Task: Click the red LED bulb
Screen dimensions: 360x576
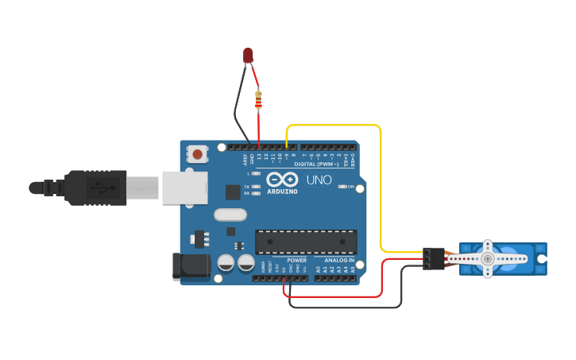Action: tap(248, 55)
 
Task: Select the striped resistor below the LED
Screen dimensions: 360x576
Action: tap(258, 100)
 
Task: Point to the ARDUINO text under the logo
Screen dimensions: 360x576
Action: tap(282, 192)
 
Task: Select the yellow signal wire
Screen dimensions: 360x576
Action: tap(381, 191)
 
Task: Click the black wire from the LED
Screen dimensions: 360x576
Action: tap(237, 111)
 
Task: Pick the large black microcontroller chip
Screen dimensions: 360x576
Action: tap(306, 242)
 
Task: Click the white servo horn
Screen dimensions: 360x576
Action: tap(487, 258)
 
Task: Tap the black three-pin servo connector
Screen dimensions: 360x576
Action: tap(433, 258)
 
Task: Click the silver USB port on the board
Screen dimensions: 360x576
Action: tap(184, 188)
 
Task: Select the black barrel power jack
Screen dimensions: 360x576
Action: tap(191, 266)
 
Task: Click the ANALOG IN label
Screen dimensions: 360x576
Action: tap(339, 260)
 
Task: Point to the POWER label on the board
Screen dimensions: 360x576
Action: tap(297, 260)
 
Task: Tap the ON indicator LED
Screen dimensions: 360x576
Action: tap(342, 186)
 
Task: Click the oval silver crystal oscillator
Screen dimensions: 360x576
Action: tap(230, 214)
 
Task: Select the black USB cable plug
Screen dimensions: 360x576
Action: tap(95, 188)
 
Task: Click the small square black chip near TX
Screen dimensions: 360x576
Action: tap(233, 192)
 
